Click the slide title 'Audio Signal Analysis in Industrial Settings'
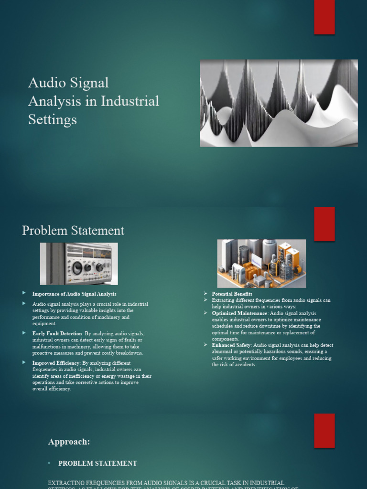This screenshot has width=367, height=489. coord(93,101)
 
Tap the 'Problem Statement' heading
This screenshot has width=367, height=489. coord(73,231)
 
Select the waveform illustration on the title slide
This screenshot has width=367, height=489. coord(279,103)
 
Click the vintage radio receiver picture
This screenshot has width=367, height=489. coord(79,264)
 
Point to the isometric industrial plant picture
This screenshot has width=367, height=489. coord(261,264)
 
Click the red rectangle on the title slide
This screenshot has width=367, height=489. coord(324,17)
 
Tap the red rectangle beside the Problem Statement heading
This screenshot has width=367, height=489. coord(324,224)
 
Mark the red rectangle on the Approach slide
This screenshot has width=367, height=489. coord(324,430)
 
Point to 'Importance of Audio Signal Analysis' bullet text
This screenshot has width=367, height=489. coord(74,294)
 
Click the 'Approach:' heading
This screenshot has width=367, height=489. coord(69,442)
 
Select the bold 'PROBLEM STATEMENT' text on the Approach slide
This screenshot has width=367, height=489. coord(97,463)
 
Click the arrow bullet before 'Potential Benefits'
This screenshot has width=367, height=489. coord(205,294)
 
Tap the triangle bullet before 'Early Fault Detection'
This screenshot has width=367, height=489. coord(24,333)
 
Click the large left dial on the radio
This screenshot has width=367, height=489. coord(77,268)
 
